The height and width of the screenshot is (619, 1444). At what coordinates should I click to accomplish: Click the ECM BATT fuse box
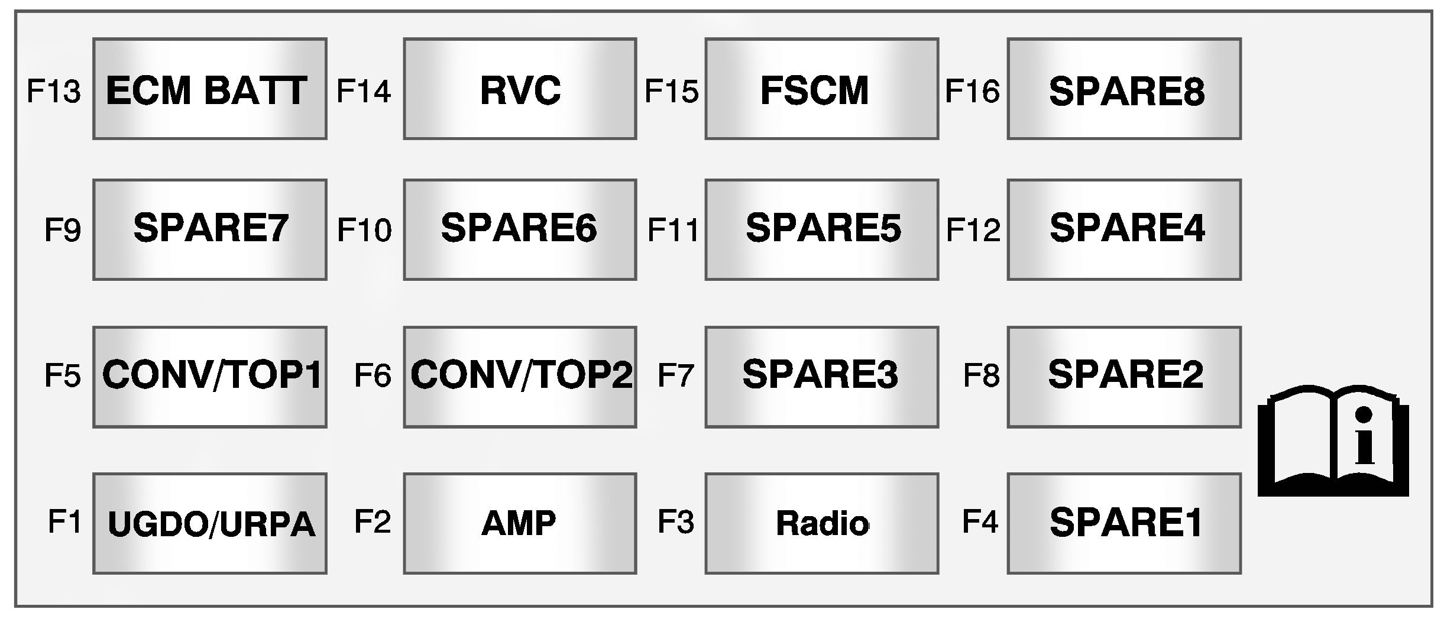209,89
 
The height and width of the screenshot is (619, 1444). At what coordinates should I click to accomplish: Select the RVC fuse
520,89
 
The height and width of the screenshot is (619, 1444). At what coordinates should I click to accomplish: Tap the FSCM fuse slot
821,89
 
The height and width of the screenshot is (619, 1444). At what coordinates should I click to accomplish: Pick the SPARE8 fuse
1124,89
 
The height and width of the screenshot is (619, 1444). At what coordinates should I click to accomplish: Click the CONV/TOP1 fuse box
209,377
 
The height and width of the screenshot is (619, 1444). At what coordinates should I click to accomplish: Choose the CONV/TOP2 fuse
520,377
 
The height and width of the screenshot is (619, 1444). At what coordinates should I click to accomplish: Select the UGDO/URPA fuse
209,523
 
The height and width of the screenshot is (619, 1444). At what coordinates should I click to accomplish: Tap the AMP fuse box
520,523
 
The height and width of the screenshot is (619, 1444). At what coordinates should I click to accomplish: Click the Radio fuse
821,523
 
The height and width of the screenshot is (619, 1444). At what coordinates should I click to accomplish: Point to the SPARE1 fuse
1124,523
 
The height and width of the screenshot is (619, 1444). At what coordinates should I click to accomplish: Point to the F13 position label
54,92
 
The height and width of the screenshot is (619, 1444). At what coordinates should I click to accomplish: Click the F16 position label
972,92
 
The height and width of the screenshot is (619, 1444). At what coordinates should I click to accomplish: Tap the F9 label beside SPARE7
63,231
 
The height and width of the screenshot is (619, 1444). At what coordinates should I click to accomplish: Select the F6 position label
373,375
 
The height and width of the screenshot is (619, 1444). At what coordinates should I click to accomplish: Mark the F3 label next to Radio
676,522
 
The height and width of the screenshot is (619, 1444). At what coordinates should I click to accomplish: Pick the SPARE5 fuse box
821,229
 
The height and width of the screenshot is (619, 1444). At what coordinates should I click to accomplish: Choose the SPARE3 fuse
821,377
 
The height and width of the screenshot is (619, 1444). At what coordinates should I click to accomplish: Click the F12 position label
973,231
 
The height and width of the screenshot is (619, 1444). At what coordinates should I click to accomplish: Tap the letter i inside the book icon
1364,438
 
